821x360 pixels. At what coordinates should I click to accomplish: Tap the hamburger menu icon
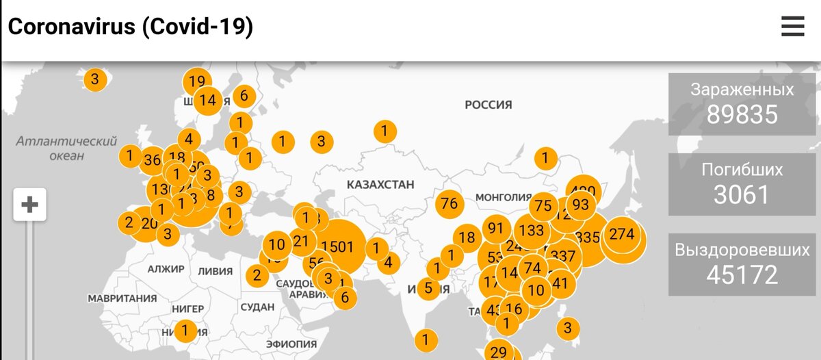click(793, 27)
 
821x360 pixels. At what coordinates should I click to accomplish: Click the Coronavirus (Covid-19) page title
click(131, 27)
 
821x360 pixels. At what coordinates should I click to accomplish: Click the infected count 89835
click(742, 114)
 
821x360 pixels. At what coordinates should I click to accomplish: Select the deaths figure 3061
click(742, 195)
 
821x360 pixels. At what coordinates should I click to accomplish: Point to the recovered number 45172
click(742, 274)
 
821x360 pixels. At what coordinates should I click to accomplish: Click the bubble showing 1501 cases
click(337, 246)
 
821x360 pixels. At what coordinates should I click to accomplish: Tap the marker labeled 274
click(622, 235)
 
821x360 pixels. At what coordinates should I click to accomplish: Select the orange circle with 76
click(449, 204)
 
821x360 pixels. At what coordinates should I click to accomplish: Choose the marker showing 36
click(153, 161)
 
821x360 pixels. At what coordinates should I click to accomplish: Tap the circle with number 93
click(580, 205)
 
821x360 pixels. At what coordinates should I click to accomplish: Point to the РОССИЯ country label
click(488, 105)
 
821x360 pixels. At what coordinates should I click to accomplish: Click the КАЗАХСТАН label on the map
click(380, 185)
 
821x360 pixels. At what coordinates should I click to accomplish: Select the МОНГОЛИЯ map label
click(503, 196)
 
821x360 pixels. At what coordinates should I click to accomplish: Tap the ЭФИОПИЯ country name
click(291, 344)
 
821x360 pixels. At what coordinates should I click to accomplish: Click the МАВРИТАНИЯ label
click(122, 298)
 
